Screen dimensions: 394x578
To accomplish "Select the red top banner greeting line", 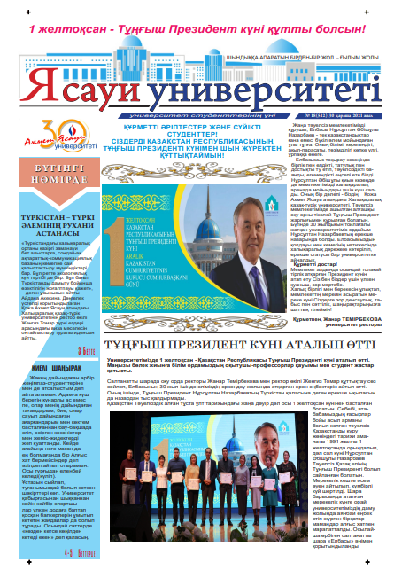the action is click(197, 27).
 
